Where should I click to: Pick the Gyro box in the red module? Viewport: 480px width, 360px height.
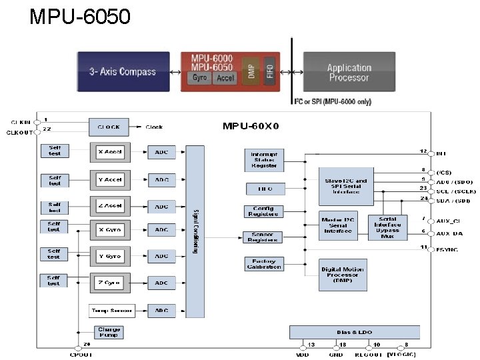pyautogui.click(x=199, y=78)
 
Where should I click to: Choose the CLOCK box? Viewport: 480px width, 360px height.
pyautogui.click(x=109, y=127)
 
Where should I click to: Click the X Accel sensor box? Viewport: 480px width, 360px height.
pyautogui.click(x=109, y=152)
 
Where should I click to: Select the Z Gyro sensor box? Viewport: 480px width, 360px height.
pyautogui.click(x=109, y=283)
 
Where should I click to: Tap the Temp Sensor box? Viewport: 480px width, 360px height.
pyautogui.click(x=111, y=311)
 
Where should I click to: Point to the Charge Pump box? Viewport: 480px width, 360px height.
pyautogui.click(x=109, y=332)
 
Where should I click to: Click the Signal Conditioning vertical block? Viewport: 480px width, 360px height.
pyautogui.click(x=195, y=231)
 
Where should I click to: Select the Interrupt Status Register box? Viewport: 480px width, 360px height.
pyautogui.click(x=264, y=159)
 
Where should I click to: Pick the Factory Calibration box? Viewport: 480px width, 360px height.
pyautogui.click(x=264, y=263)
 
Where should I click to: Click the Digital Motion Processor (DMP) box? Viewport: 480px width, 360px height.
pyautogui.click(x=343, y=274)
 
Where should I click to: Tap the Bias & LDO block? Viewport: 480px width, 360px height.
pyautogui.click(x=354, y=332)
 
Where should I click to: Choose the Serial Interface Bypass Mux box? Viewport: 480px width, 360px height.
pyautogui.click(x=387, y=228)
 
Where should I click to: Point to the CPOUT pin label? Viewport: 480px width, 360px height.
pyautogui.click(x=81, y=355)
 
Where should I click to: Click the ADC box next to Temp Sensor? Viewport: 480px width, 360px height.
pyautogui.click(x=162, y=311)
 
